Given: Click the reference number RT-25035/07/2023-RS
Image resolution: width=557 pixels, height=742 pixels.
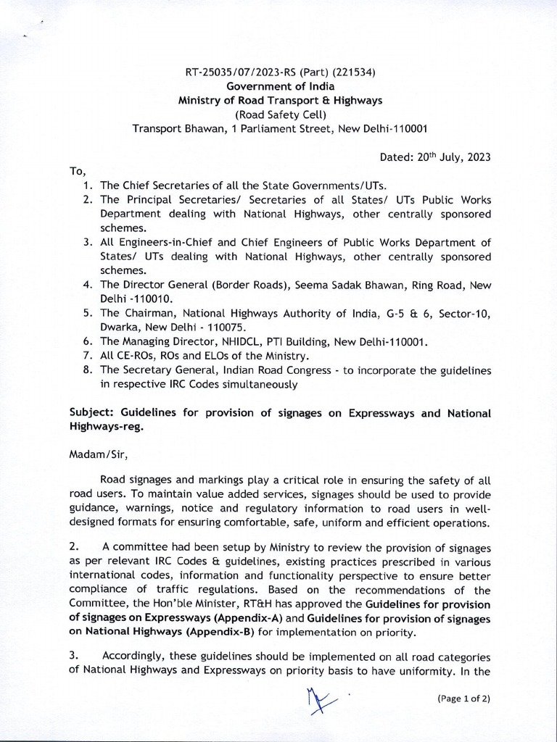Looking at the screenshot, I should pos(243,72).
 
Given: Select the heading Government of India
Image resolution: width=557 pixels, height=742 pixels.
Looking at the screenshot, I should pos(279,86).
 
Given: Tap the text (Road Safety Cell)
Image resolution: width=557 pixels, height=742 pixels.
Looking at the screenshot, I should pos(279,114).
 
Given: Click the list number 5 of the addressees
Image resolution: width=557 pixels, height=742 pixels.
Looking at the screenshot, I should pos(86,313).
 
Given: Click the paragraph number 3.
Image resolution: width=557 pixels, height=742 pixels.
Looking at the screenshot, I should pos(74,656).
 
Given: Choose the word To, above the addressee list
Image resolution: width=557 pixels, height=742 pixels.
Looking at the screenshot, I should pos(78,172).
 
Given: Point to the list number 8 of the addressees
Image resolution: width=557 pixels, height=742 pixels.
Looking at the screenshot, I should pos(86,370).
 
